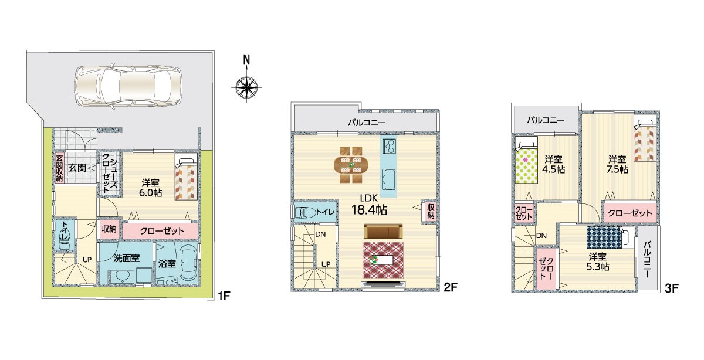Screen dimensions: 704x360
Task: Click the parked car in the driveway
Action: pyautogui.click(x=128, y=87)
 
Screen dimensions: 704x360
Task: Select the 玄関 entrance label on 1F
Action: pyautogui.click(x=77, y=168)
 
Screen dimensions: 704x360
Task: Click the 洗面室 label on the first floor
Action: pyautogui.click(x=126, y=258)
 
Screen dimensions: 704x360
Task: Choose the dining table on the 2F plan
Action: pyautogui.click(x=351, y=164)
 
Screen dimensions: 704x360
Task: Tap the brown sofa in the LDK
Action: pyautogui.click(x=383, y=232)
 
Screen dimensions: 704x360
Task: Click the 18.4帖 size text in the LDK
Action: pyautogui.click(x=369, y=209)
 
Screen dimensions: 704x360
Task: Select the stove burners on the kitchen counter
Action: pyautogui.click(x=389, y=146)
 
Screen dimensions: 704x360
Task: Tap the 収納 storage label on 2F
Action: pyautogui.click(x=431, y=211)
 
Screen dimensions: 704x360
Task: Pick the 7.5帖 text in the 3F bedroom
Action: pyautogui.click(x=617, y=169)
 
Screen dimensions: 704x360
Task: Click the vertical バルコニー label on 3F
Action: pyautogui.click(x=647, y=259)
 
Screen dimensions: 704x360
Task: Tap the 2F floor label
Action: pyautogui.click(x=450, y=287)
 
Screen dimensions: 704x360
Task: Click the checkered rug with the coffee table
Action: pyautogui.click(x=383, y=260)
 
